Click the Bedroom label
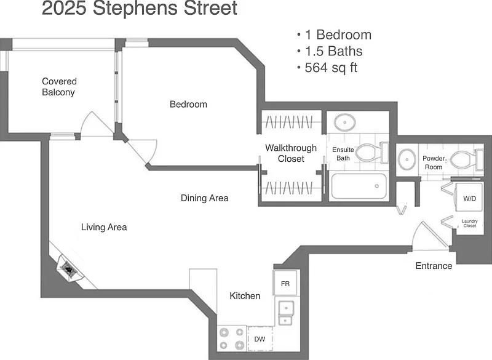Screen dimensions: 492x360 click(x=188, y=104)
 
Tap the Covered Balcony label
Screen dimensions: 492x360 click(x=59, y=87)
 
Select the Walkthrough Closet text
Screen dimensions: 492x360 click(x=291, y=153)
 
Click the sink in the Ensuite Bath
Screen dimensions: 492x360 click(x=345, y=122)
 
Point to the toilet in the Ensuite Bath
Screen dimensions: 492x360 click(x=373, y=153)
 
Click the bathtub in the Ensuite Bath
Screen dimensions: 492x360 click(x=359, y=186)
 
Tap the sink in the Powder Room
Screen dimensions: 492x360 click(x=407, y=159)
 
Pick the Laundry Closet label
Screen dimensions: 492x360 click(x=470, y=223)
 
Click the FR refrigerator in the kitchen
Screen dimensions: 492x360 click(x=285, y=283)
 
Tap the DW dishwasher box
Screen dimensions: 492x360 click(x=260, y=339)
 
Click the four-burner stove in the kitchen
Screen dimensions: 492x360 click(x=232, y=338)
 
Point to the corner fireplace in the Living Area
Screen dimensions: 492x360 click(x=69, y=270)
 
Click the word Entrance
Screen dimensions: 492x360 click(x=434, y=266)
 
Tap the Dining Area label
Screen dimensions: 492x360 click(x=204, y=198)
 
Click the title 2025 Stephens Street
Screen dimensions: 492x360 click(x=140, y=8)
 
